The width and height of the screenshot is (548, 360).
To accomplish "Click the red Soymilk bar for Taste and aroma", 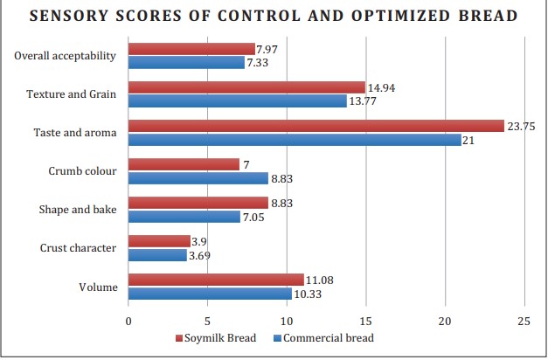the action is click(x=316, y=126).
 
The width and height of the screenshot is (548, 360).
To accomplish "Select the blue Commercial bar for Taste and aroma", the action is click(x=295, y=140).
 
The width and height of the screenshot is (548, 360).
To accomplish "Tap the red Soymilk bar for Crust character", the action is click(x=159, y=241).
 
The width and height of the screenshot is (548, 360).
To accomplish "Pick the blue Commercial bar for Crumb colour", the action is click(x=198, y=178).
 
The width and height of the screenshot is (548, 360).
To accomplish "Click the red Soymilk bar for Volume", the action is click(x=216, y=280).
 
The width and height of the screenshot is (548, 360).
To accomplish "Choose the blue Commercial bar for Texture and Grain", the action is click(x=238, y=101).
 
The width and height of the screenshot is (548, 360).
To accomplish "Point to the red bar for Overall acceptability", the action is click(x=191, y=49).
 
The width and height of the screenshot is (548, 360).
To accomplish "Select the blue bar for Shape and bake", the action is click(x=184, y=217).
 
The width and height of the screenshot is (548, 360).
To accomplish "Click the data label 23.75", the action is click(x=521, y=126).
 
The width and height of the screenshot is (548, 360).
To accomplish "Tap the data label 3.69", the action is click(x=199, y=256).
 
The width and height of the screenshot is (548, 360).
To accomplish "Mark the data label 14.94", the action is click(x=381, y=87).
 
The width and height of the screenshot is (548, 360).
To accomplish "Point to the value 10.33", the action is click(x=308, y=294).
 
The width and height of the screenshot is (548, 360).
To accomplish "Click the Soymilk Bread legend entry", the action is click(x=216, y=338).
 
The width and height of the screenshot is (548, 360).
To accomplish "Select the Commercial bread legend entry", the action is click(x=324, y=338).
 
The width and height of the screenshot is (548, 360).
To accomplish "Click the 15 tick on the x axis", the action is click(x=366, y=321).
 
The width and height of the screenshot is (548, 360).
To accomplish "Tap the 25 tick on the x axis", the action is click(x=524, y=321).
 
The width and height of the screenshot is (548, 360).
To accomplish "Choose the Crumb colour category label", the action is click(x=82, y=171).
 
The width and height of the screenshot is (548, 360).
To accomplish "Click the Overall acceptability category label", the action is click(x=65, y=56).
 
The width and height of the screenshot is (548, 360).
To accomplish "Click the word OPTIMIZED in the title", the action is click(x=400, y=16).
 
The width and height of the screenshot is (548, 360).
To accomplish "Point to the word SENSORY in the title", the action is click(x=69, y=16).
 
